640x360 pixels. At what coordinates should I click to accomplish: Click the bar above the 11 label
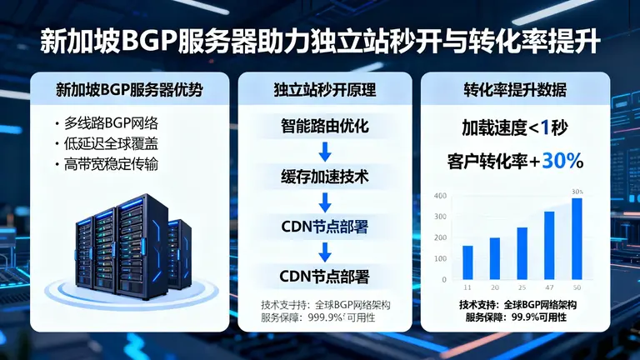click(467, 262)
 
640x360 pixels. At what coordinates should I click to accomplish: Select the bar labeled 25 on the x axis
click(522, 253)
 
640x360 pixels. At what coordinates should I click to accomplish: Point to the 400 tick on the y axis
click(441, 196)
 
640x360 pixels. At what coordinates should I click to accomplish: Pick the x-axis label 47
click(549, 287)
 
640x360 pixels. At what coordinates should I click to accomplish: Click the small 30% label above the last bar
click(577, 192)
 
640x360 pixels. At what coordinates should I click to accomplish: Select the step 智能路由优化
click(325, 127)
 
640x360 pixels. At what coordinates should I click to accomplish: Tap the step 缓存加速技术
click(325, 177)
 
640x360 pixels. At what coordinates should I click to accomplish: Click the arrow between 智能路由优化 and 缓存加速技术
click(326, 152)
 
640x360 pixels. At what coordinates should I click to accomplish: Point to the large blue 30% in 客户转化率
click(562, 162)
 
